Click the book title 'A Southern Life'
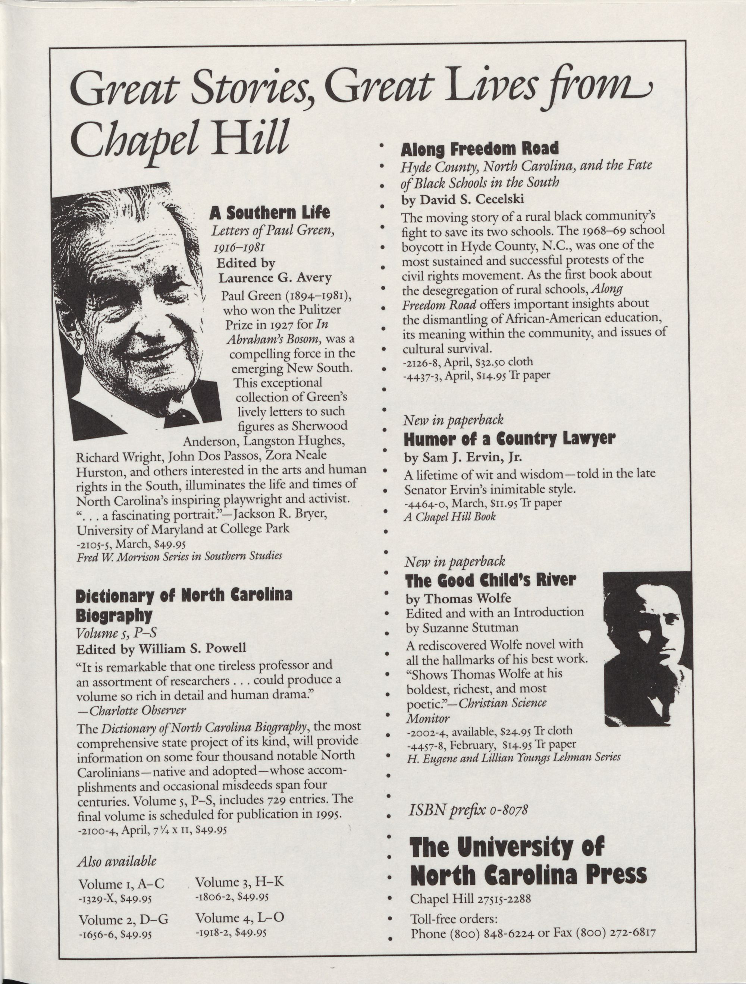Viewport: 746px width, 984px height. pyautogui.click(x=270, y=213)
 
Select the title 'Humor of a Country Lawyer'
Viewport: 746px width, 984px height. pyautogui.click(x=509, y=439)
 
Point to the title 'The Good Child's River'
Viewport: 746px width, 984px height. pyautogui.click(x=490, y=580)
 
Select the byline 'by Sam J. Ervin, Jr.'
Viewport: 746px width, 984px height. pyautogui.click(x=463, y=457)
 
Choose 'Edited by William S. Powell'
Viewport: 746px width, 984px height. pyautogui.click(x=161, y=648)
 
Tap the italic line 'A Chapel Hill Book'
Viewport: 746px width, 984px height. pyautogui.click(x=449, y=516)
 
